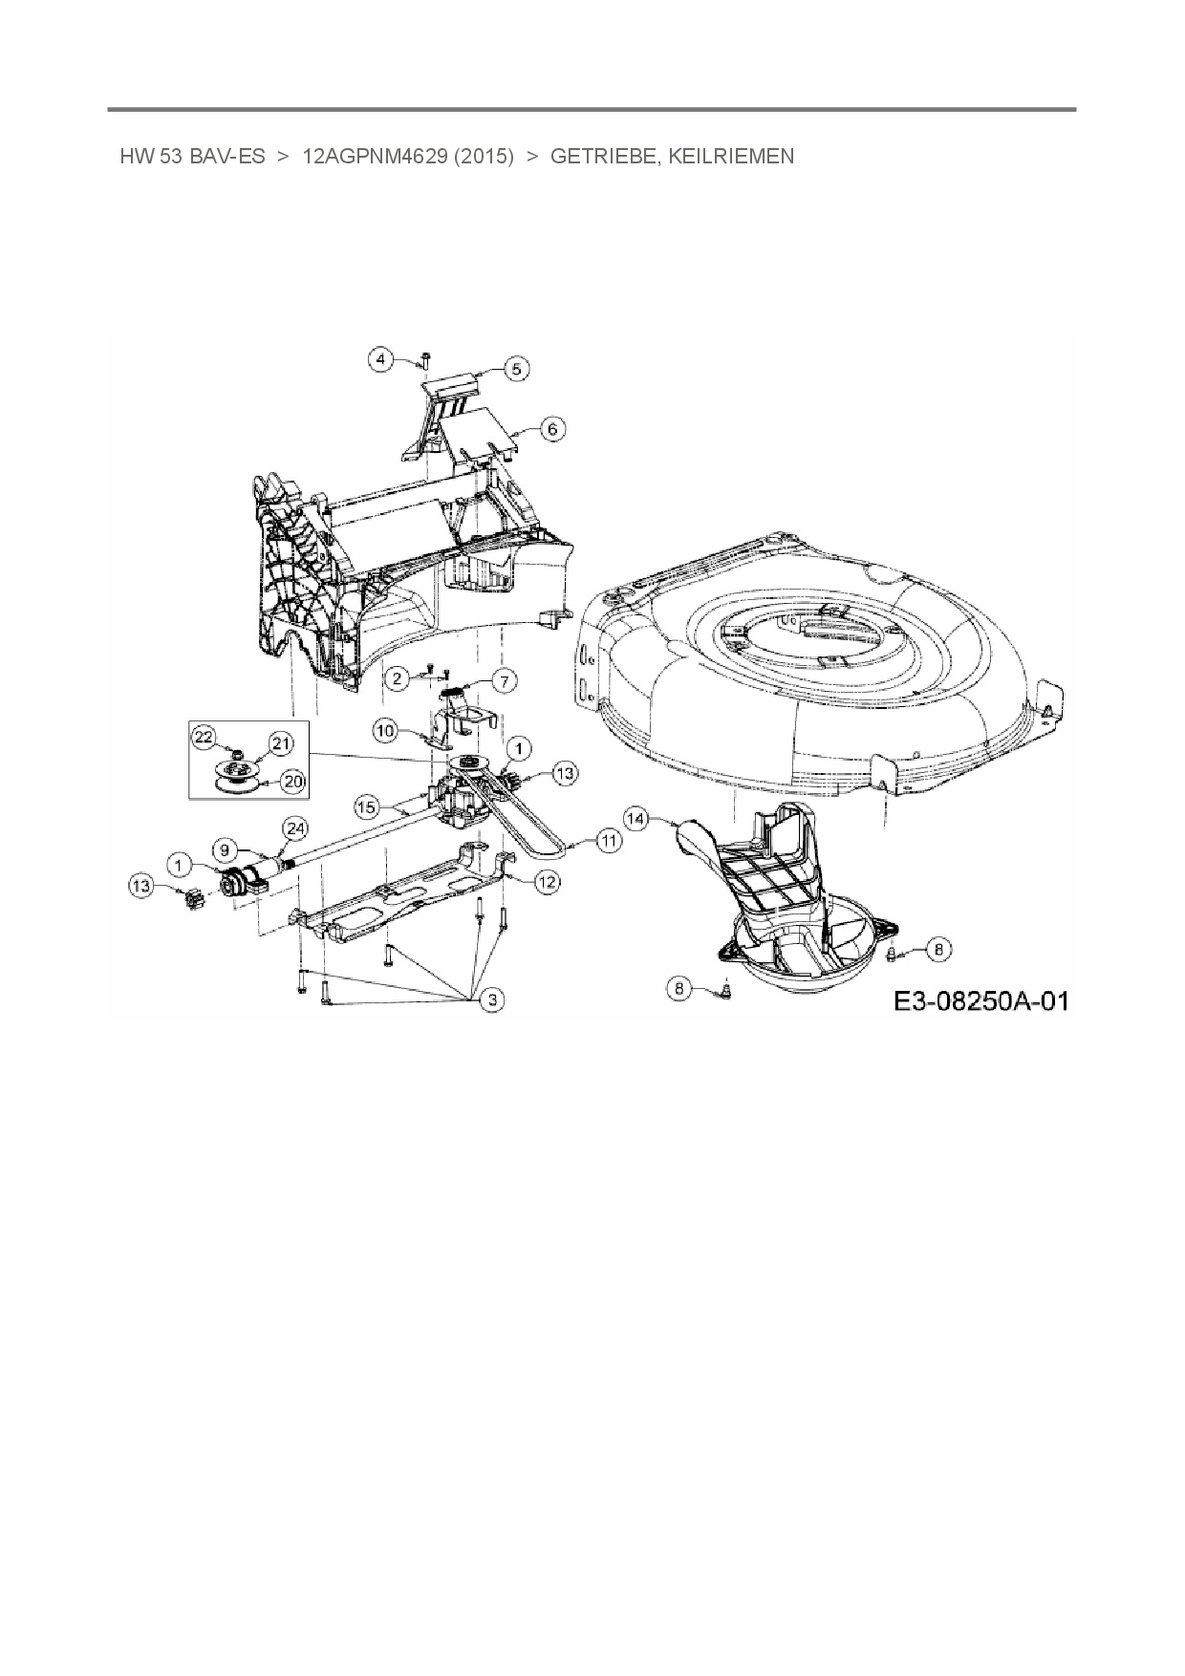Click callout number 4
click(x=382, y=359)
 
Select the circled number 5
click(x=516, y=369)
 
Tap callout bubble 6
click(x=552, y=429)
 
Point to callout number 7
click(x=504, y=680)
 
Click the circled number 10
click(x=385, y=732)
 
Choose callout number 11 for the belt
click(x=609, y=840)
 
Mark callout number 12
click(x=547, y=882)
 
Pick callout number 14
click(x=636, y=819)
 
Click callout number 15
click(x=367, y=807)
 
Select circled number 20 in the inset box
click(x=292, y=782)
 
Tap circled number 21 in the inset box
click(x=280, y=744)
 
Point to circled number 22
click(x=203, y=736)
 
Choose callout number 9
click(x=224, y=848)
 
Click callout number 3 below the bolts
click(x=492, y=999)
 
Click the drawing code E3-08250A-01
click(x=981, y=1000)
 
